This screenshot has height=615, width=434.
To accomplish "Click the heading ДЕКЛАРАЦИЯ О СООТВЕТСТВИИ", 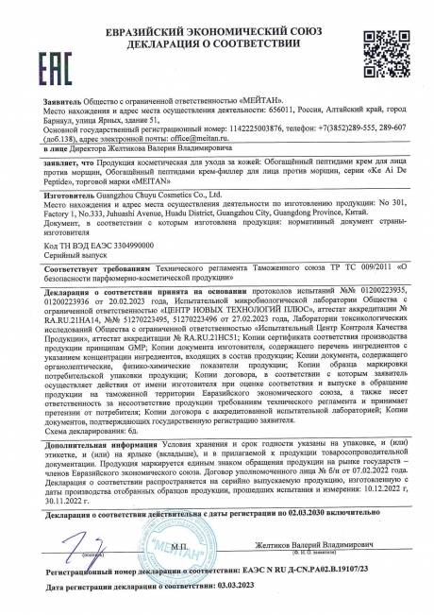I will coord(217,26).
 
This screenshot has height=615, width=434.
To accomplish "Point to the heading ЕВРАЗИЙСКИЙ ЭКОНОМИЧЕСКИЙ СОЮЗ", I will coord(217,10).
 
